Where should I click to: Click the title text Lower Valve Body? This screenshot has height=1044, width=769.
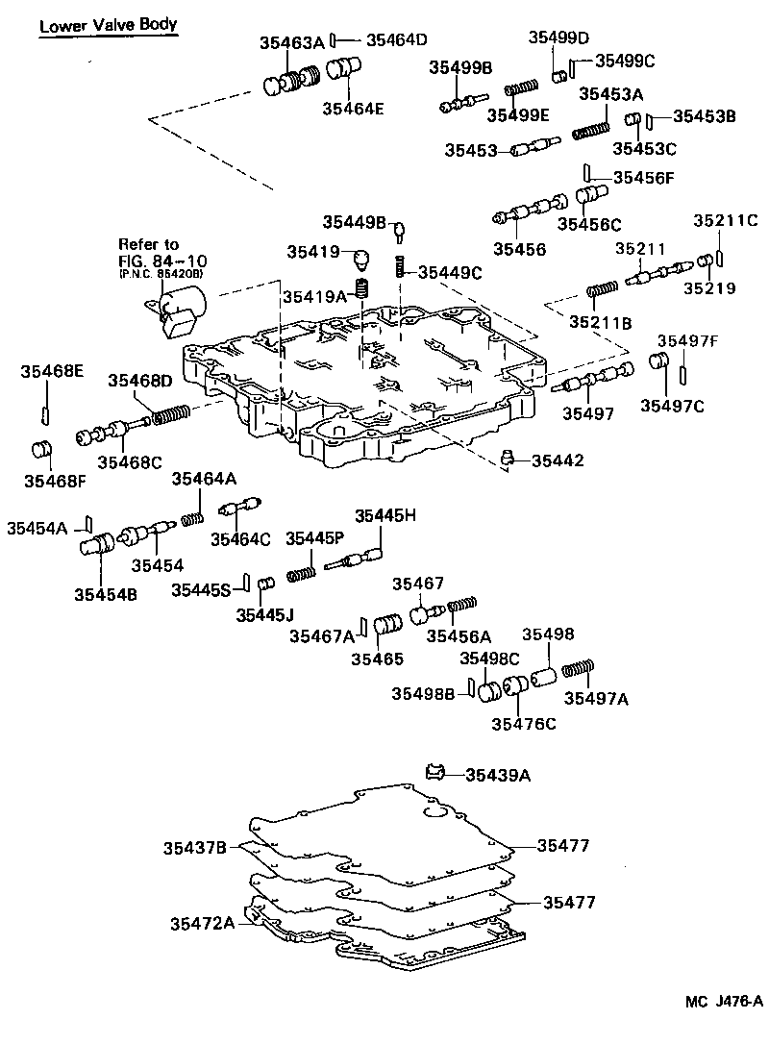click(x=108, y=25)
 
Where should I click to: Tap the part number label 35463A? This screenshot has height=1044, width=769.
click(x=292, y=42)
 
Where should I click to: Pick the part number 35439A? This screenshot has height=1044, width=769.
click(x=497, y=775)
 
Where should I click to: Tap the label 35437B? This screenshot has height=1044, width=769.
click(x=194, y=847)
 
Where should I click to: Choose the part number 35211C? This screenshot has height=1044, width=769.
click(x=726, y=220)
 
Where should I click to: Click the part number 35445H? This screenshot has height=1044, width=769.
click(x=385, y=516)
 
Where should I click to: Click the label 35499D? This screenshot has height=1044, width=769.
click(x=558, y=37)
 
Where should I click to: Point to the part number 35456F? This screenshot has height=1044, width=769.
click(x=644, y=177)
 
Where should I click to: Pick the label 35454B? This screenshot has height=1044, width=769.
click(x=106, y=594)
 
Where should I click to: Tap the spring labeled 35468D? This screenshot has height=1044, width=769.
click(x=168, y=416)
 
